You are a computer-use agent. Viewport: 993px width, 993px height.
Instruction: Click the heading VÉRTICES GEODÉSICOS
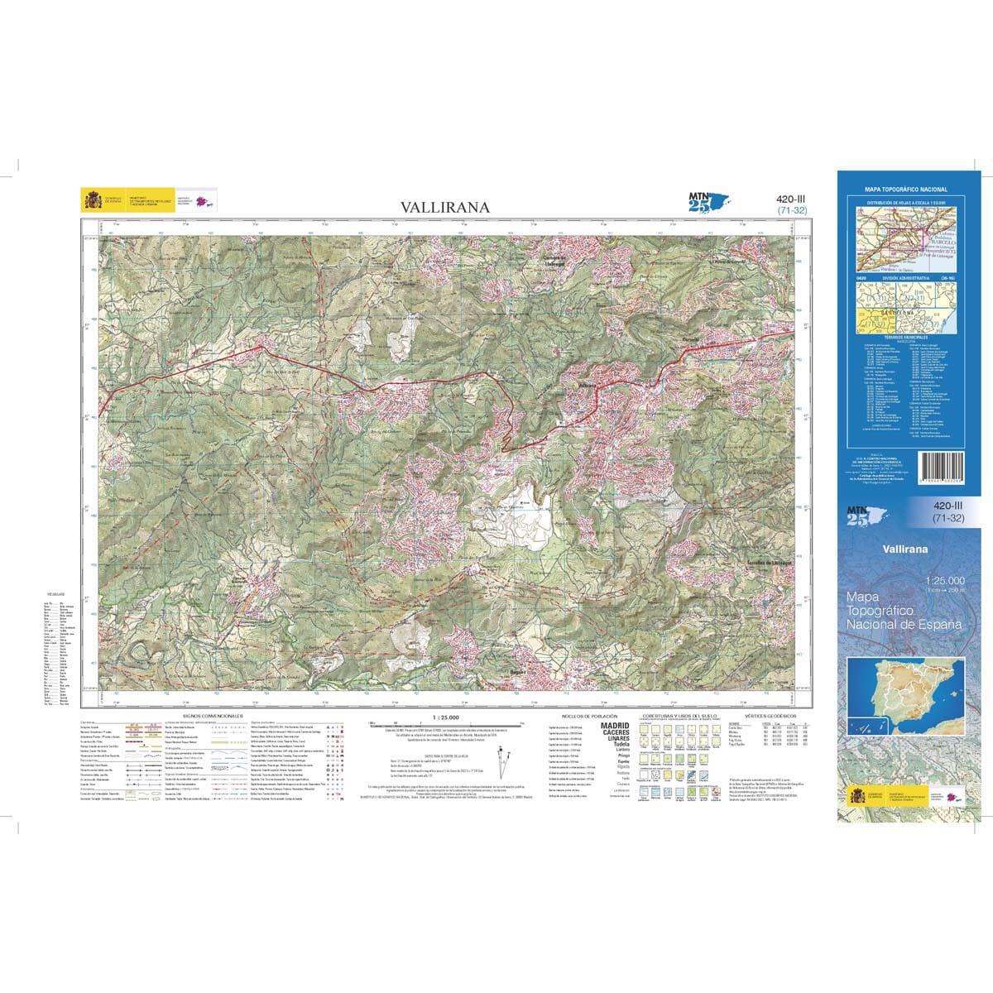point(769,715)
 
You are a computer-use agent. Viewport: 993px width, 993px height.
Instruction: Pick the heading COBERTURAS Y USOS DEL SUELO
point(684,715)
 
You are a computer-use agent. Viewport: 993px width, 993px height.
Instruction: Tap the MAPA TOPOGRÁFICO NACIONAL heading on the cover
point(905,189)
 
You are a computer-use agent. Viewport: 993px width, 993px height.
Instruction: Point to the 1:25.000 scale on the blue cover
point(944,580)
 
